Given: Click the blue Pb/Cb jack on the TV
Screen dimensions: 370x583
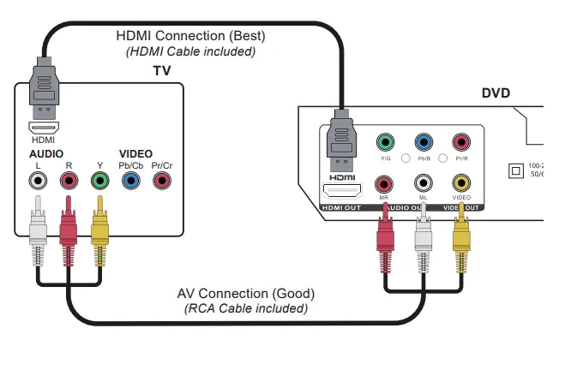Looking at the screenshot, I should coord(130,181).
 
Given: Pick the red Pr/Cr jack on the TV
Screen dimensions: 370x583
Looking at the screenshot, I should coord(161,181).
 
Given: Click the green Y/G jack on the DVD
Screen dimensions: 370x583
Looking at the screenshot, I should coord(385,142).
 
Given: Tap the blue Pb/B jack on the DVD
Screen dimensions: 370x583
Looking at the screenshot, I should coord(424,142).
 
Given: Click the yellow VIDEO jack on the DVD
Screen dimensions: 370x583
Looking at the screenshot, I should coord(462,182).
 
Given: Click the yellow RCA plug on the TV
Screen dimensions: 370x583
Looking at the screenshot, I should coord(100,227).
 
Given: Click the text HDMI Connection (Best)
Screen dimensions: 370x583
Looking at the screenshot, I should coord(190,37).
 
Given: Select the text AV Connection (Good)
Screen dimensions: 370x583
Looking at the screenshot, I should coord(246,294).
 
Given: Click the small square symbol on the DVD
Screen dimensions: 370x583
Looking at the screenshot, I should coord(515,170).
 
